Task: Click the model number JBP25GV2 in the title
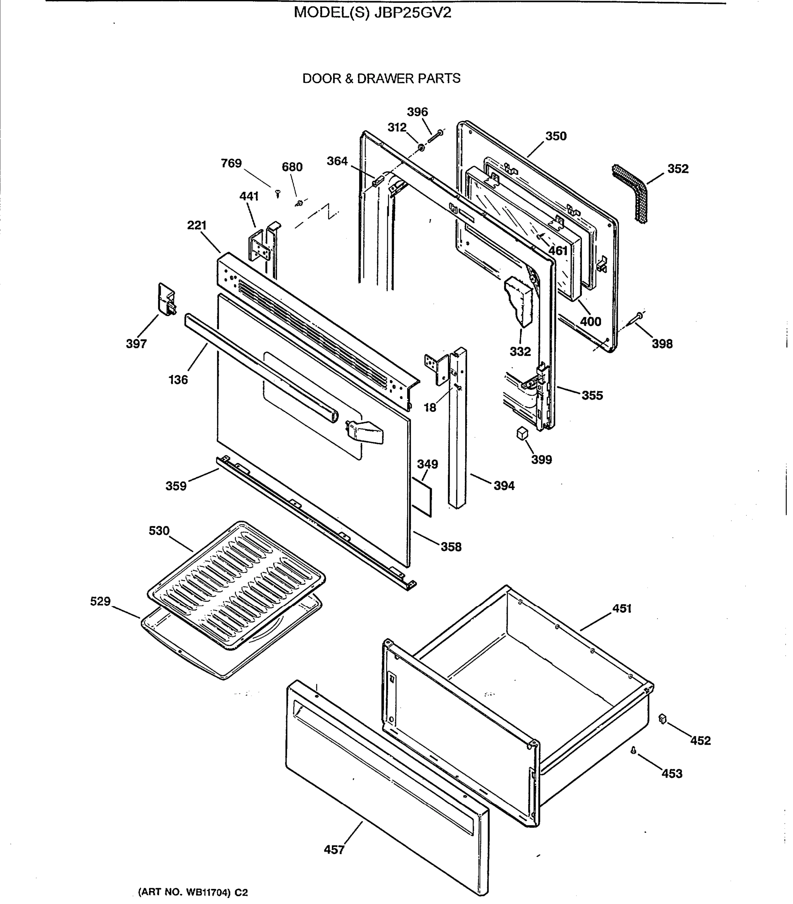[412, 13]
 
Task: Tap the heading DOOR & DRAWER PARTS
[381, 79]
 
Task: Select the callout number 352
[677, 169]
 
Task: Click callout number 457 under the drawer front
[334, 850]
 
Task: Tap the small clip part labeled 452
[662, 719]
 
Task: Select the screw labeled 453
[633, 750]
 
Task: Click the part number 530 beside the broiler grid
[159, 530]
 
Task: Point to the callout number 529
[100, 601]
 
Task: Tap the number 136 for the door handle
[178, 379]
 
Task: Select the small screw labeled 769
[278, 193]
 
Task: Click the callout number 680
[292, 167]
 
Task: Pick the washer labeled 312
[421, 147]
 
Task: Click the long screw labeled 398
[638, 317]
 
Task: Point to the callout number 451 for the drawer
[621, 609]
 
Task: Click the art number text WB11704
[208, 892]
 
